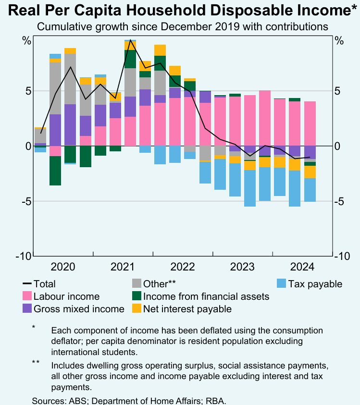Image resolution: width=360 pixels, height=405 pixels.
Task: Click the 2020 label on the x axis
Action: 63,267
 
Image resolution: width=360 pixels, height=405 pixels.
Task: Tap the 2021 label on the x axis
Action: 123,267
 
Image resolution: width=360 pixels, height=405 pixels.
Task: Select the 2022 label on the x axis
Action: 182,267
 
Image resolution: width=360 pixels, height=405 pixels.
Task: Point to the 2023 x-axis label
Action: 242,267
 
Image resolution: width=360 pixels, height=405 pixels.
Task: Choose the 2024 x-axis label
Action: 301,267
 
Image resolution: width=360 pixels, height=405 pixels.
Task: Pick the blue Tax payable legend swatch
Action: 282,284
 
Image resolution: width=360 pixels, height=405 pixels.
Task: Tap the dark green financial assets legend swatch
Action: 137,296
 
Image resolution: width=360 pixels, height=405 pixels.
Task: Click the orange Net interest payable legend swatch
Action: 137,309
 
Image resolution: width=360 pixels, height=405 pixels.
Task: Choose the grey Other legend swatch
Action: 137,284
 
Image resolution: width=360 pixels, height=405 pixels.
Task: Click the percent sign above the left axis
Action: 27,41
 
